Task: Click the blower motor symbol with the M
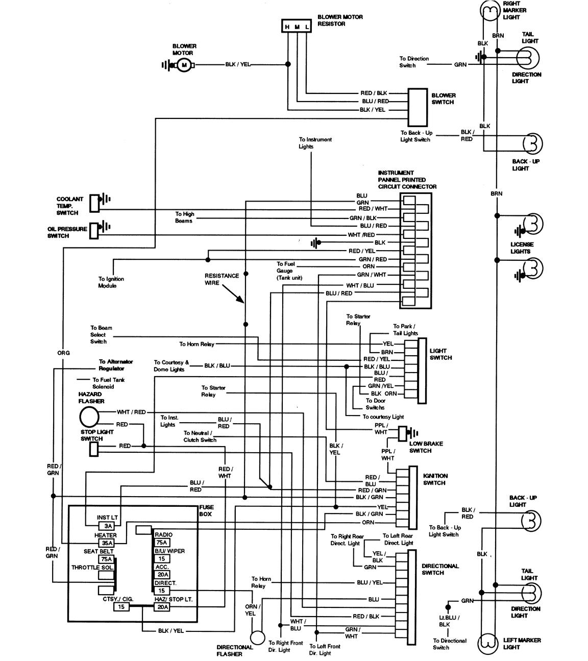click(x=184, y=65)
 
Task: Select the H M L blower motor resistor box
click(x=297, y=27)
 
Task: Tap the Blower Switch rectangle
click(x=417, y=107)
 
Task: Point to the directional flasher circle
click(x=258, y=638)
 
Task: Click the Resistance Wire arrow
click(x=233, y=295)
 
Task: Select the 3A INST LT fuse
click(x=107, y=526)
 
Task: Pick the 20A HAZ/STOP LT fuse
click(x=161, y=607)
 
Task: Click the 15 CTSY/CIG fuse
click(x=121, y=607)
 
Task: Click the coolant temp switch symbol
click(x=95, y=203)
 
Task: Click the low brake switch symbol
click(x=403, y=433)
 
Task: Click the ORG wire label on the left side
click(x=63, y=353)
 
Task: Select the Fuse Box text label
click(x=207, y=510)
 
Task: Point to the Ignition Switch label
click(x=435, y=479)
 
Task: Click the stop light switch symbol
click(x=93, y=449)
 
